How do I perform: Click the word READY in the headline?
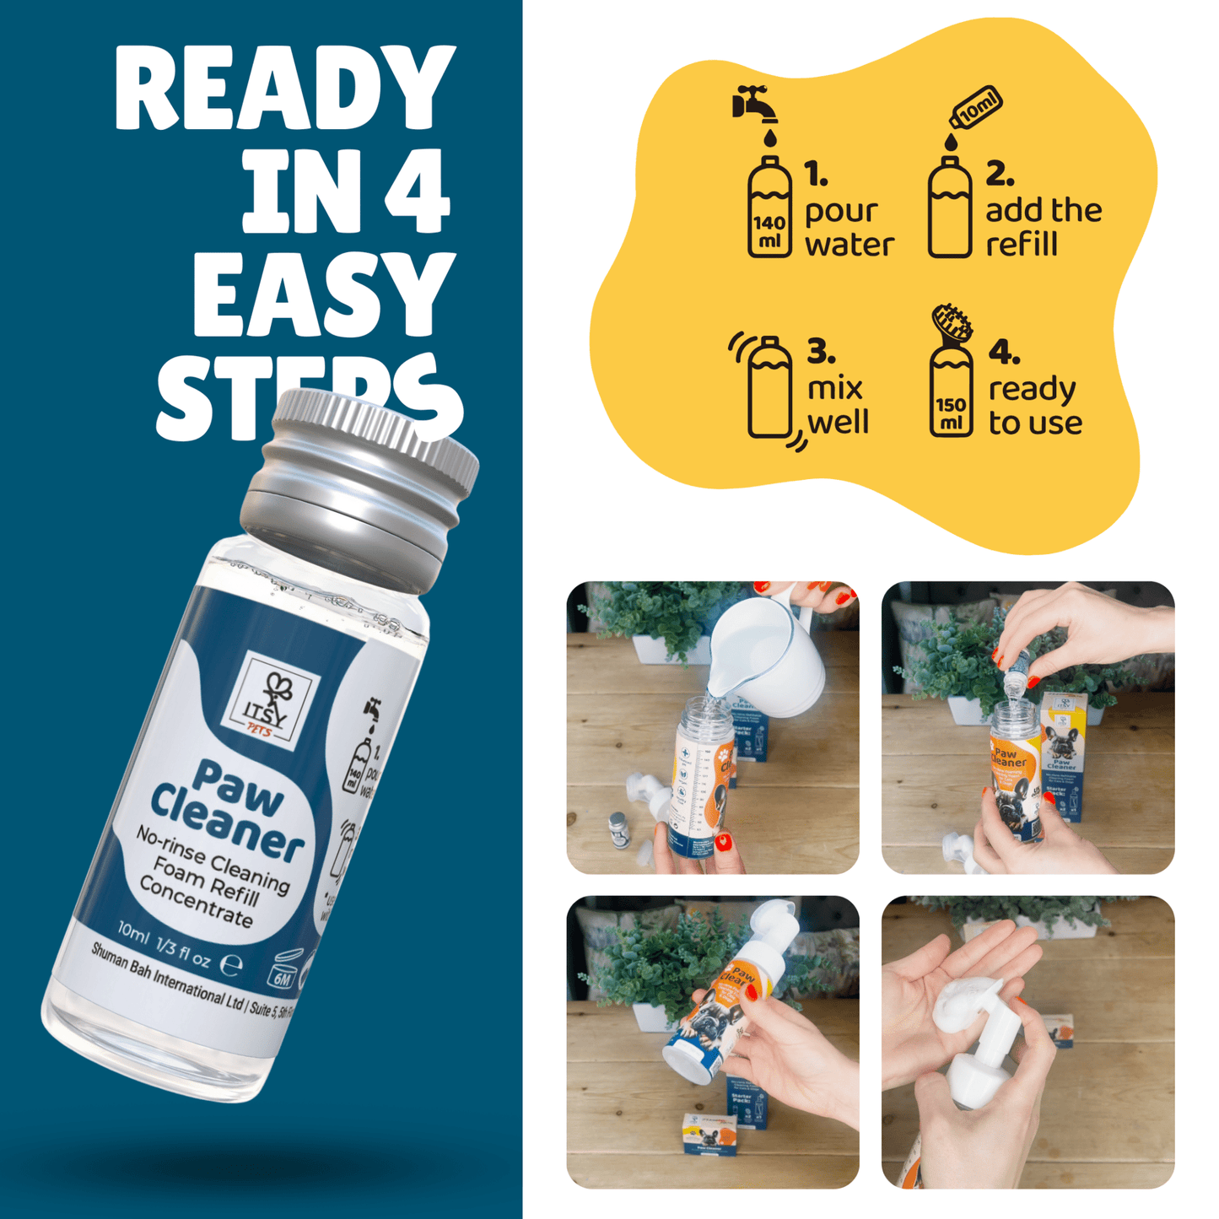point(285,88)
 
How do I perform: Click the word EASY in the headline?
point(323,294)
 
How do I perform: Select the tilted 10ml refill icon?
point(976,107)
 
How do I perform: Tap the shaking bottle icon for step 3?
point(769,388)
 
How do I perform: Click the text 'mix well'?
point(836,405)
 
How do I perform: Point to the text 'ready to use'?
point(1035,405)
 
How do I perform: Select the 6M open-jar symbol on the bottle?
point(283,970)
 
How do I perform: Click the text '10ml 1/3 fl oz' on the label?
point(165,945)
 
